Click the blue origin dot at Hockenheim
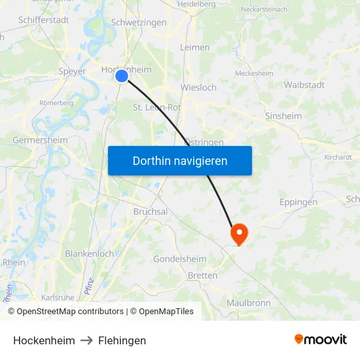point(122,76)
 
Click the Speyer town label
point(72,71)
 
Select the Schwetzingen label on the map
point(139,22)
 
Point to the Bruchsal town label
point(151,212)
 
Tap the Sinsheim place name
point(283,116)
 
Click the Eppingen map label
point(298,202)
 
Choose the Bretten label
point(202,276)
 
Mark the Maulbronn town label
point(248,303)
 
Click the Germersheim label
point(40,140)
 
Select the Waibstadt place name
point(305,85)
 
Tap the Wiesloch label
point(198,87)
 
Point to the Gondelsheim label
point(180,259)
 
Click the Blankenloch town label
point(89,253)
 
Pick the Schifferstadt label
point(45,20)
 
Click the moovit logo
point(321,340)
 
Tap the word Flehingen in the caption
point(122,340)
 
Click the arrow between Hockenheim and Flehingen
point(86,340)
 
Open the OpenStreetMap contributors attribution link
point(70,312)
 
